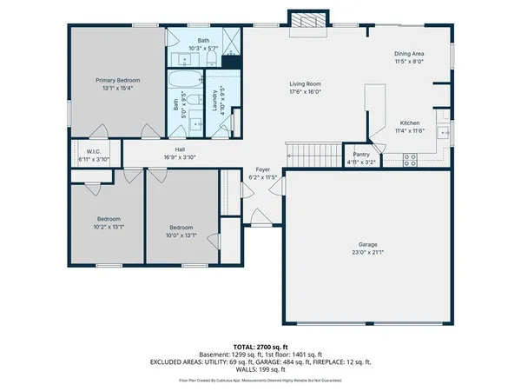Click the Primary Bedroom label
118,79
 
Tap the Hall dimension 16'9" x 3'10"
180,157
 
